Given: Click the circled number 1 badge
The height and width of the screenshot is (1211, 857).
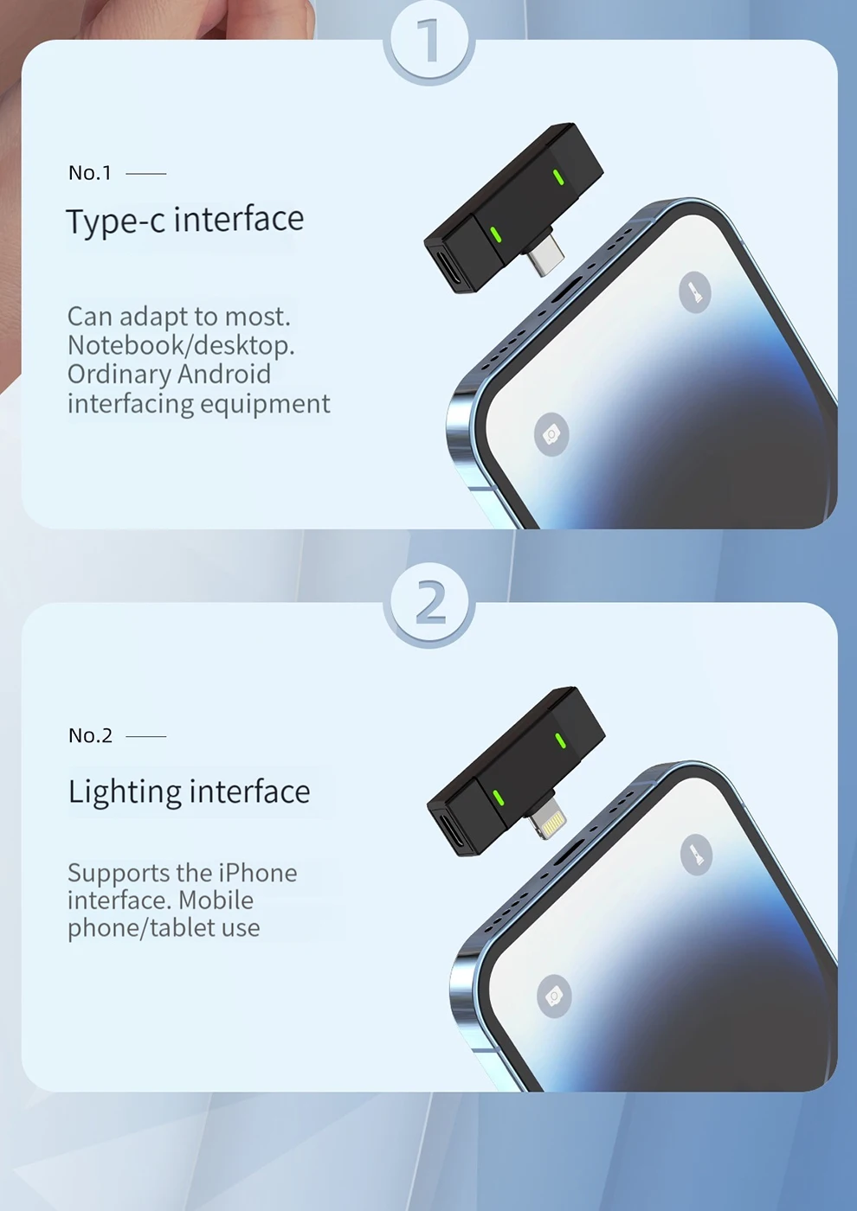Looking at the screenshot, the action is (x=429, y=41).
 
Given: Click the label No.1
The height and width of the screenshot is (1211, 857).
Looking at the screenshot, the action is (x=90, y=173).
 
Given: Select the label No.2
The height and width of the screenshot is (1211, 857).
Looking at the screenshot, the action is (x=90, y=735).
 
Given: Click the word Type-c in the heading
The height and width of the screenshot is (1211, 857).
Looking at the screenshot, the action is (x=116, y=221).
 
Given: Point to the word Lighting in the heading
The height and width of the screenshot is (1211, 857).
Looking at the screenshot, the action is (x=125, y=793).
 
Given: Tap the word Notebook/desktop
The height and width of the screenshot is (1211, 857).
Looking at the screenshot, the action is (x=181, y=345).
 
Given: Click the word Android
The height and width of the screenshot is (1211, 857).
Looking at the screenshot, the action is (x=224, y=374).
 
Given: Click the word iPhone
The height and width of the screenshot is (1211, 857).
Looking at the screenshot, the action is (x=258, y=873).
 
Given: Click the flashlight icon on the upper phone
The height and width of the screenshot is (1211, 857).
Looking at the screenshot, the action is (x=694, y=292).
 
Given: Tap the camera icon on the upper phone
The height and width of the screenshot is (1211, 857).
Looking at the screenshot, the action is (x=551, y=434).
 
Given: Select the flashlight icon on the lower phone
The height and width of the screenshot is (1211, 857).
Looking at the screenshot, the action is (x=696, y=855).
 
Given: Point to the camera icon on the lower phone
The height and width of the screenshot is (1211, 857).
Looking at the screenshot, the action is (x=554, y=996).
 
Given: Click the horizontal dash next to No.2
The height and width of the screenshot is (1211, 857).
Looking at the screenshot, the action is (x=146, y=736).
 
